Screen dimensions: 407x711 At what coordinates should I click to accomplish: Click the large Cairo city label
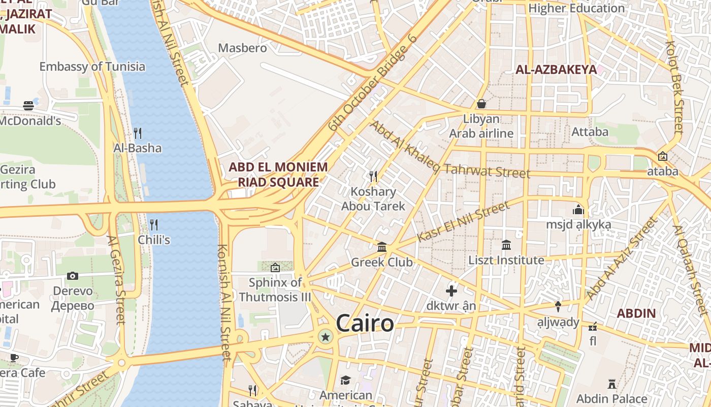pos(365,324)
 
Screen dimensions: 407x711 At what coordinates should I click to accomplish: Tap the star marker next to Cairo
pos(325,337)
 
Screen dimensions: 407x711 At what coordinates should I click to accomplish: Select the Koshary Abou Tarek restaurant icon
pos(373,177)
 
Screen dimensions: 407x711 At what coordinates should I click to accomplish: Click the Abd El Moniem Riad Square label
pos(278,175)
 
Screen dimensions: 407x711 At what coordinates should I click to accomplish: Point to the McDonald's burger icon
pos(28,106)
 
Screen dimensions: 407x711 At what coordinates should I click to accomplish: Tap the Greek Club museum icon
pos(382,247)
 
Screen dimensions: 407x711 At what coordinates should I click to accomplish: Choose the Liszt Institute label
pos(506,260)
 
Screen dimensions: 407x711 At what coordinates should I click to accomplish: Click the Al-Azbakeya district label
pos(556,70)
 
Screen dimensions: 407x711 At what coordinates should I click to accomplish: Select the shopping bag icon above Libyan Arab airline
pos(481,104)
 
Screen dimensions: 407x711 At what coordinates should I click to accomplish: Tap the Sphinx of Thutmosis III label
pos(275,289)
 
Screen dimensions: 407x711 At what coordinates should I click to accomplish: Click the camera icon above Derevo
pos(73,276)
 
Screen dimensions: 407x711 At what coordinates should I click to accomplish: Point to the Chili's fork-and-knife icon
pos(153,224)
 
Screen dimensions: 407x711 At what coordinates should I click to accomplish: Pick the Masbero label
pos(242,48)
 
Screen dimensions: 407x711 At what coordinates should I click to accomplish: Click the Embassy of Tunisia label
pos(92,67)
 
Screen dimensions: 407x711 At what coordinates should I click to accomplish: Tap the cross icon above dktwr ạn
pos(451,291)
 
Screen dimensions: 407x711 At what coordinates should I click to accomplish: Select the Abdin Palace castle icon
pos(612,384)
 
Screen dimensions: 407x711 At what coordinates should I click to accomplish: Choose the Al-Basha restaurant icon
pos(137,133)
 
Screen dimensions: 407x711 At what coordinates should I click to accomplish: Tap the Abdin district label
pos(636,313)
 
